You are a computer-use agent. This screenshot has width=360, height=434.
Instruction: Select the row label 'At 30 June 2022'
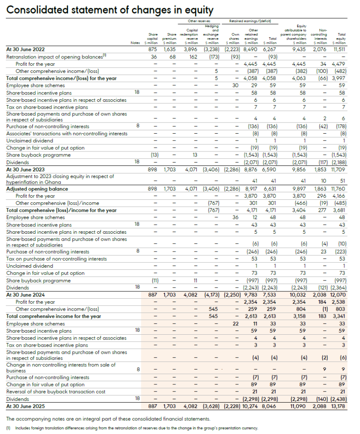[25, 49]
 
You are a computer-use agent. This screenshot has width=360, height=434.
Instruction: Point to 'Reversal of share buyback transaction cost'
[56, 392]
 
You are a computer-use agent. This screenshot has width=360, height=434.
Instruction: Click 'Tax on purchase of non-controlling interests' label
[56, 259]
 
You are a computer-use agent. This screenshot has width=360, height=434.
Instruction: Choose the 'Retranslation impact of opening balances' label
[55, 56]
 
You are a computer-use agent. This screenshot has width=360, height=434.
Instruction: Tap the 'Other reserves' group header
[199, 20]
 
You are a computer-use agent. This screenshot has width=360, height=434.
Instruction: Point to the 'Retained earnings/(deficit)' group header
[250, 20]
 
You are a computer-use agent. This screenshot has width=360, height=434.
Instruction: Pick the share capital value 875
[153, 49]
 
